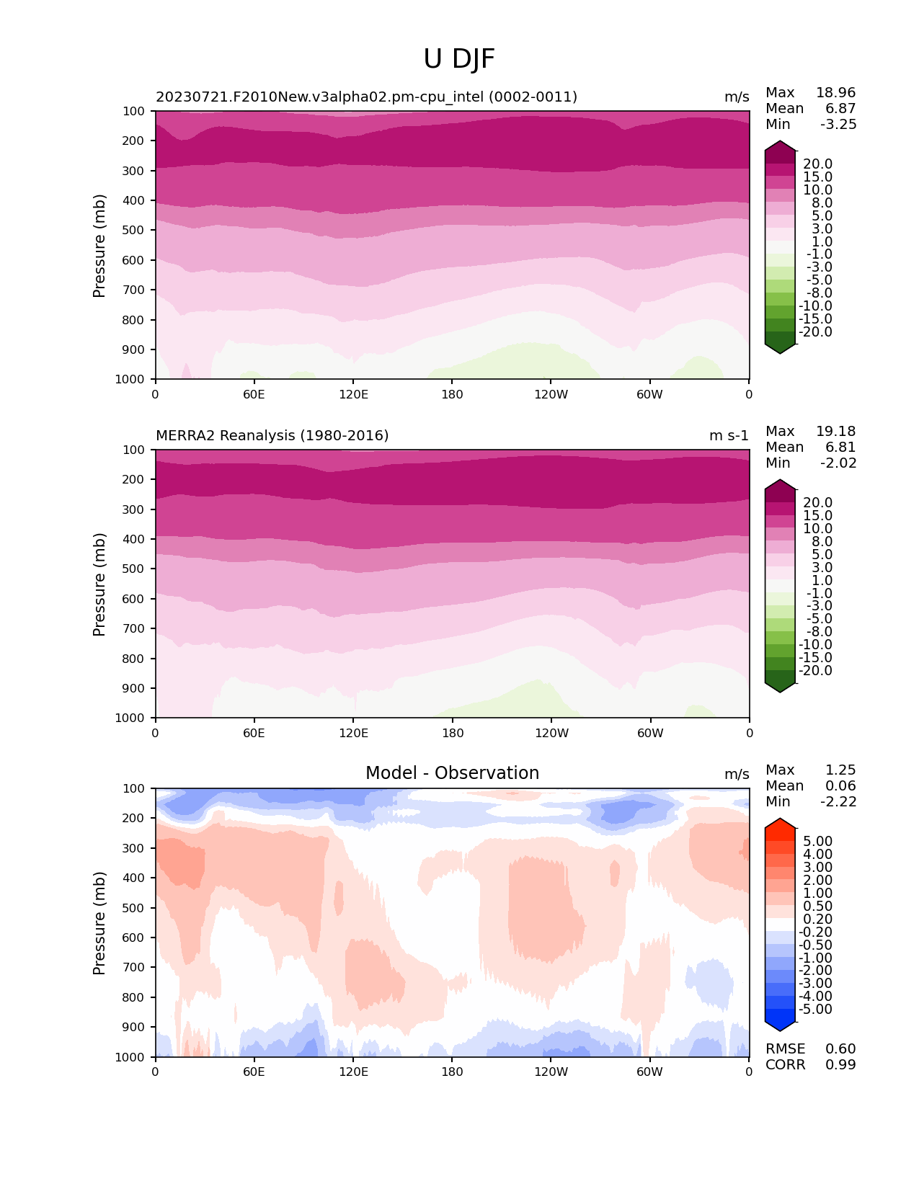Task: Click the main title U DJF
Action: (459, 59)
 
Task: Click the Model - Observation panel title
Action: (452, 773)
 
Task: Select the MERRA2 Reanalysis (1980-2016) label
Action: (272, 436)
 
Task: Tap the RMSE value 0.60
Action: (840, 1049)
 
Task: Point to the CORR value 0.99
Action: (840, 1065)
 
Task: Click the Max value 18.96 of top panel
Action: (835, 93)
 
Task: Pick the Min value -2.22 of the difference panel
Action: (838, 802)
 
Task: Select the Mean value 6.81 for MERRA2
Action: (840, 447)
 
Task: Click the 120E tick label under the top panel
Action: (353, 395)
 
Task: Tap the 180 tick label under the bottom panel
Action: (452, 1072)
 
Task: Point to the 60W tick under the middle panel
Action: (650, 734)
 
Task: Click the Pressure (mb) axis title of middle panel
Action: (99, 584)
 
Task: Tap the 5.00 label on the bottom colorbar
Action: (817, 842)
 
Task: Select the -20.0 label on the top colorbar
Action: (815, 332)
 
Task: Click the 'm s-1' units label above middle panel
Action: (729, 436)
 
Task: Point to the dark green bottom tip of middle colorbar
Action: (780, 689)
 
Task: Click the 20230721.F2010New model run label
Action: (366, 97)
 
